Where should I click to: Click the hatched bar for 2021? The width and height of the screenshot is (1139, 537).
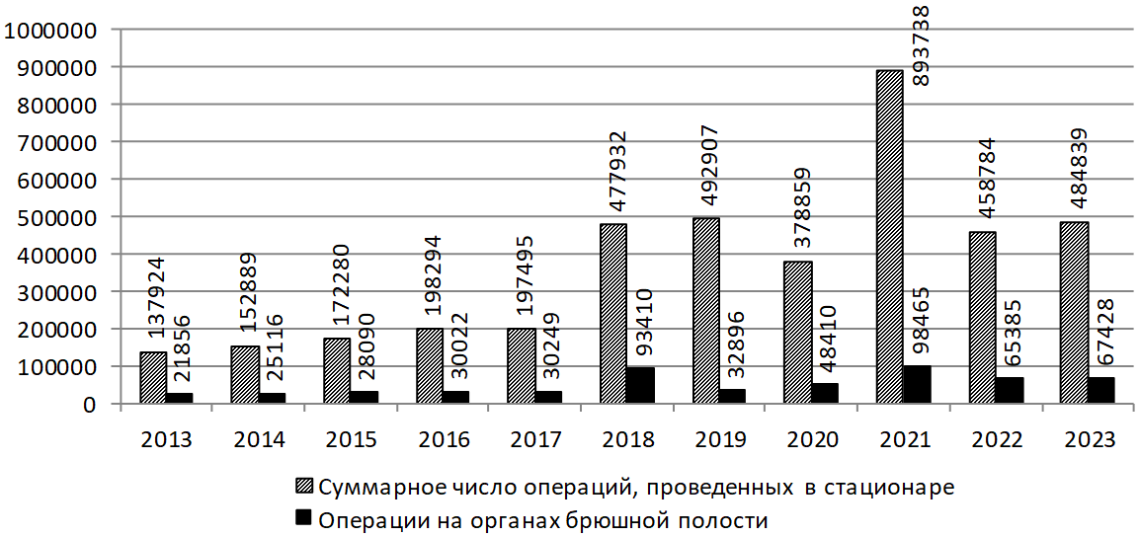click(889, 237)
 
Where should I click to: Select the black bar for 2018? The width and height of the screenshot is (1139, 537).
click(639, 386)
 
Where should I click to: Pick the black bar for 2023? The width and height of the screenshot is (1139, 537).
click(1100, 391)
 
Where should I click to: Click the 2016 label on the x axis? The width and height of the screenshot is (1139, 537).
click(443, 439)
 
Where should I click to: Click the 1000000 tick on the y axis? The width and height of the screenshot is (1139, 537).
click(50, 30)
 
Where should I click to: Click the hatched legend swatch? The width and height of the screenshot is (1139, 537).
click(303, 486)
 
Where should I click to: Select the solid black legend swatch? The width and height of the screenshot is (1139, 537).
click(303, 516)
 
